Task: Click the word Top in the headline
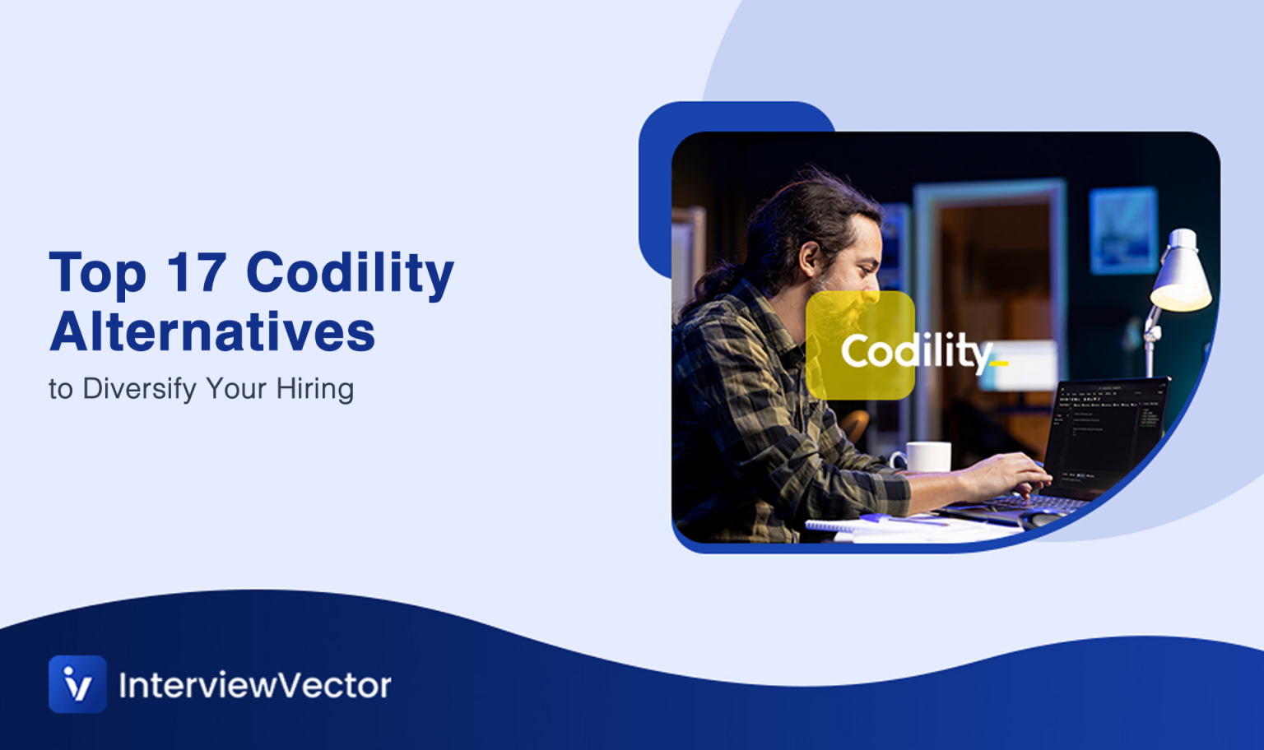click(x=97, y=274)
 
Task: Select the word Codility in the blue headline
click(x=350, y=274)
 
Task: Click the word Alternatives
click(x=212, y=332)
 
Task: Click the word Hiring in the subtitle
click(x=314, y=389)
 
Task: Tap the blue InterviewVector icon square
click(x=77, y=683)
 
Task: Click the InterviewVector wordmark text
click(x=255, y=685)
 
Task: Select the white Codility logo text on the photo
click(x=915, y=352)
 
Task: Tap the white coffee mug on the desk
click(x=927, y=456)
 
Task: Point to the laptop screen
click(x=1107, y=432)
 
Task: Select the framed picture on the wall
click(x=1123, y=230)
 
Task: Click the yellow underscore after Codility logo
click(x=999, y=363)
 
